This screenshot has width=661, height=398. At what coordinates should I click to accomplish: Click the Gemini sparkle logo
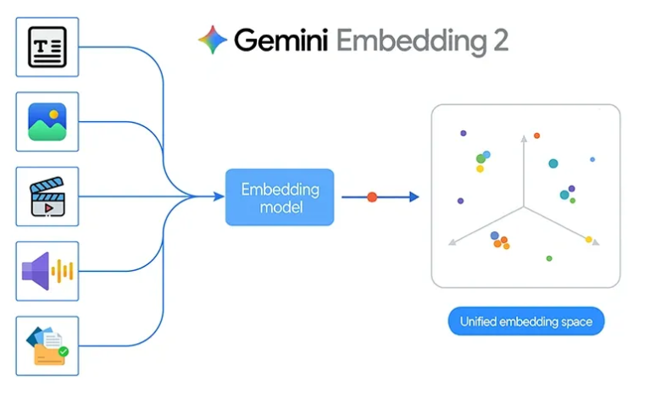pos(213,40)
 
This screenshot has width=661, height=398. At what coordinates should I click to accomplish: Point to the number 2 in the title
pos(497,41)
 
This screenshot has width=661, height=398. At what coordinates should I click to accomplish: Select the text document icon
pos(47,47)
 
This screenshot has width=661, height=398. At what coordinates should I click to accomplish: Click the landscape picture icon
pos(47,122)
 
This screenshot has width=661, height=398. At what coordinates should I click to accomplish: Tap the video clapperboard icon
pos(47,196)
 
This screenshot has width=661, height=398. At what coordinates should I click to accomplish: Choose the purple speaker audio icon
pos(47,271)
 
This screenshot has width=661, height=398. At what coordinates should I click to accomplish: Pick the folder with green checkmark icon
pos(47,345)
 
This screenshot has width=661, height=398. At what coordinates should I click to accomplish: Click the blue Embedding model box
pos(280,197)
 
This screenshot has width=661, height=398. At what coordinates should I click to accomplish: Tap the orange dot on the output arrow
pos(372,197)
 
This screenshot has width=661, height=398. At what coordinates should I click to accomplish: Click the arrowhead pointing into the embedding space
pos(414,197)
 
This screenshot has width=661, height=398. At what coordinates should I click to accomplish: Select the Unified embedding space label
pos(526,322)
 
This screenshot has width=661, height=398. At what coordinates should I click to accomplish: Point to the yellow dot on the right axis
pos(588,240)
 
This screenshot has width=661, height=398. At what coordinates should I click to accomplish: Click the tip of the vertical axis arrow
pos(523,135)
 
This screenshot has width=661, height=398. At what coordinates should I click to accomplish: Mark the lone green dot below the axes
pos(549,258)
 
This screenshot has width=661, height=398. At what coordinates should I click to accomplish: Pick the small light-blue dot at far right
pos(592,159)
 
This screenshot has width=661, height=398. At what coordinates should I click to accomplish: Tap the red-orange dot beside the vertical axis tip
pos(536,135)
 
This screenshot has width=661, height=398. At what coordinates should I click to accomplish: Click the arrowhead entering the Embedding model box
pos(217,197)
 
